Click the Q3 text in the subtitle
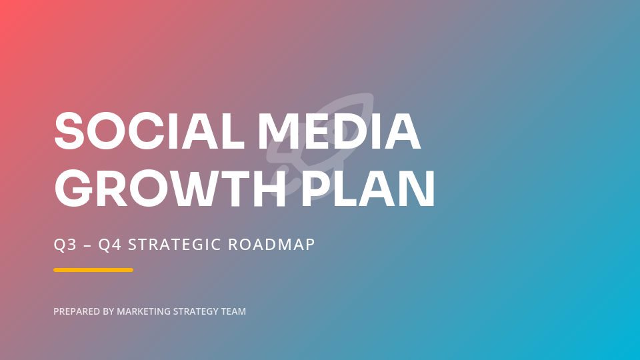[x=64, y=245]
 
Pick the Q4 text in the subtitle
[x=109, y=245]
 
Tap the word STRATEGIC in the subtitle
[x=174, y=245]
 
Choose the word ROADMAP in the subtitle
[x=271, y=245]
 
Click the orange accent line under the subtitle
[x=93, y=270]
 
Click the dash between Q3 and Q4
[x=87, y=245]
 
